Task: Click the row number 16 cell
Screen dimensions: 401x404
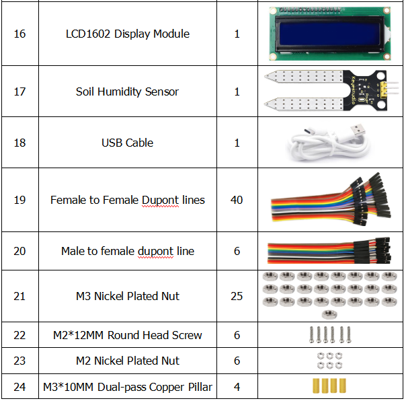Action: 19,34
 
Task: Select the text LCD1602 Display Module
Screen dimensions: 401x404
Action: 128,34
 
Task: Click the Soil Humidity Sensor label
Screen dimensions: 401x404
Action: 128,92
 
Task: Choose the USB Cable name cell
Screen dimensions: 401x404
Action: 128,143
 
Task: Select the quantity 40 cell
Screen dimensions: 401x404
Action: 237,200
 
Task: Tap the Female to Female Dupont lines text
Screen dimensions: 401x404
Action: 128,200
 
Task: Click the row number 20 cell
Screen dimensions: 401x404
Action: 19,251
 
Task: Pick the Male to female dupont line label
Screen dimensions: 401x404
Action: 128,251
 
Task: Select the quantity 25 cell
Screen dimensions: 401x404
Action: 237,296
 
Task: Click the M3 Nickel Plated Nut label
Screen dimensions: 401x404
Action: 128,296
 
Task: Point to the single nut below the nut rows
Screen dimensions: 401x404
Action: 329,314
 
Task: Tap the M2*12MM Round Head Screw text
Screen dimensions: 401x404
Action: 128,335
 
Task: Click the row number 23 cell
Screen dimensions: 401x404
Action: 19,361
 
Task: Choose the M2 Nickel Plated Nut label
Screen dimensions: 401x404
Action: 128,361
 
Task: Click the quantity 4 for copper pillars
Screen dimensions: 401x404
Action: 237,387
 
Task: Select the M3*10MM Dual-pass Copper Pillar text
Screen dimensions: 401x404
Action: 128,387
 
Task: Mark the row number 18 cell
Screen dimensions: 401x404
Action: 19,143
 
